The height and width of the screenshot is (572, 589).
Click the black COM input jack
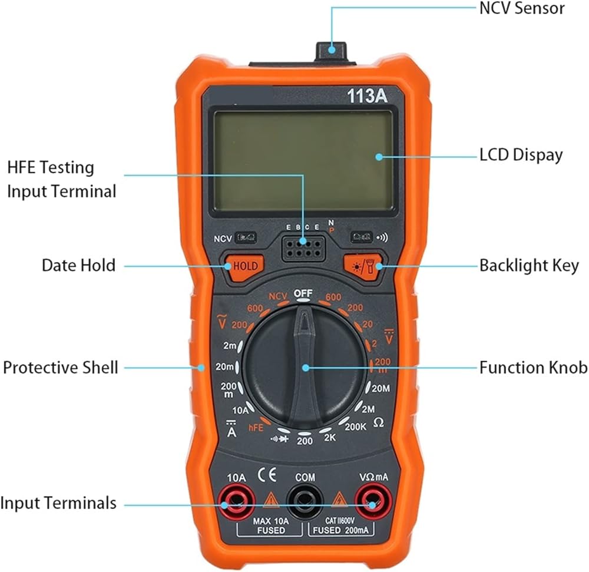click(x=305, y=503)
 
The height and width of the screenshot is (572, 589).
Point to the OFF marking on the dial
click(x=304, y=293)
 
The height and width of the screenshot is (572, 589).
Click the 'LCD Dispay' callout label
click(x=521, y=155)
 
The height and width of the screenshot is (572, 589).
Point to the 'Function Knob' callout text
click(x=533, y=368)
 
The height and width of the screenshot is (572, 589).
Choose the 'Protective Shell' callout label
click(x=61, y=368)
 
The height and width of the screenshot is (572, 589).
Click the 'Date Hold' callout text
click(x=78, y=265)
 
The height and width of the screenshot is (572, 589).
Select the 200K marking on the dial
click(x=355, y=426)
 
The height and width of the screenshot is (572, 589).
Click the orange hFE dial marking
click(x=256, y=428)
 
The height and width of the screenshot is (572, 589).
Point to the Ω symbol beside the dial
click(x=379, y=422)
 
